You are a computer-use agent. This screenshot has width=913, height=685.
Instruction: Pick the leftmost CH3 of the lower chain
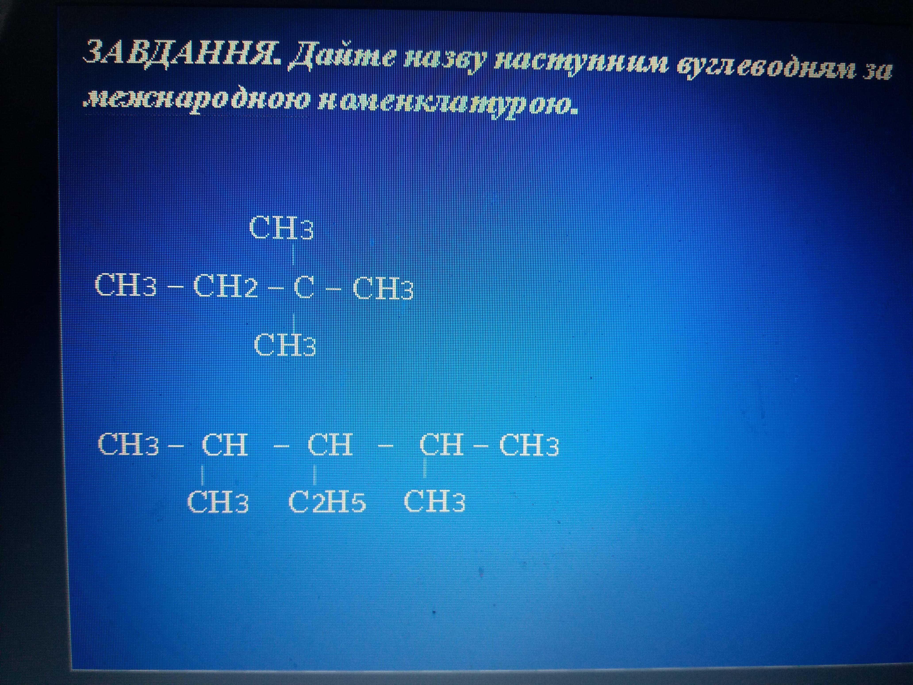[128, 444]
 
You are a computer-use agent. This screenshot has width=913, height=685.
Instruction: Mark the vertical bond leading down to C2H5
[315, 474]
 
